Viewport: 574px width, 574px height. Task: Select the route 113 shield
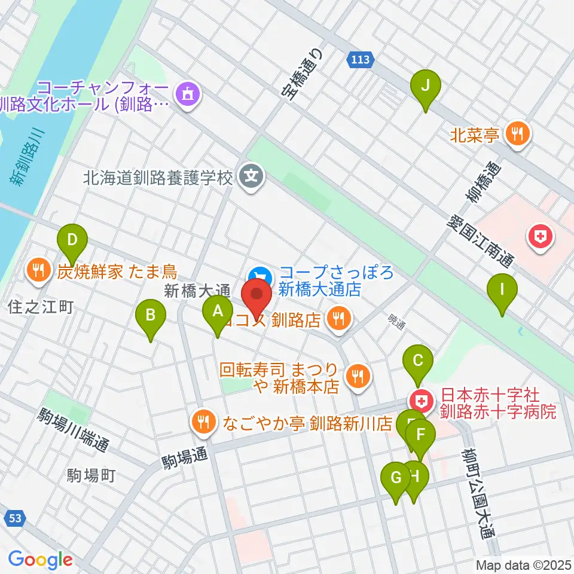(361, 59)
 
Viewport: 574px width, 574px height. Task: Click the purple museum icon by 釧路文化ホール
(188, 93)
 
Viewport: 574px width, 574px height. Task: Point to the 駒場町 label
(91, 476)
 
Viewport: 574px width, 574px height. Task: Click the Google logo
(40, 560)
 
